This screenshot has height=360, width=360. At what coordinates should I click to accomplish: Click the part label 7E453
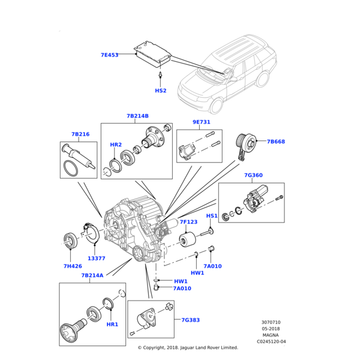[109, 55]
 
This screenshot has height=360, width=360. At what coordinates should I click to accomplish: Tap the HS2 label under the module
[161, 91]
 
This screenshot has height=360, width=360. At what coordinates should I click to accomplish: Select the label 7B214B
[137, 116]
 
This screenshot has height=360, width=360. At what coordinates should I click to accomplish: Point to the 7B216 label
[80, 134]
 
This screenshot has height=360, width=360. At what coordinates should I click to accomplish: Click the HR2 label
[116, 145]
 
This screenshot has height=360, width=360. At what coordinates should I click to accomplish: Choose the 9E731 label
[201, 122]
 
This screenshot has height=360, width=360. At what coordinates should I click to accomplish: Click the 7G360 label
[253, 175]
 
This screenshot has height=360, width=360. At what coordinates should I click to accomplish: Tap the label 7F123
[188, 222]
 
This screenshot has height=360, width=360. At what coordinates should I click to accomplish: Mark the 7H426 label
[73, 266]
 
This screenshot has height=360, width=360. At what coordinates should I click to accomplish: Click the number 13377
[97, 259]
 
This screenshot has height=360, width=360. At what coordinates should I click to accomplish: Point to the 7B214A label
[92, 275]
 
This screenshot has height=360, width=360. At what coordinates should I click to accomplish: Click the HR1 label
[112, 324]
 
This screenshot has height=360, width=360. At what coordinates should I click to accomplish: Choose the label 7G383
[190, 320]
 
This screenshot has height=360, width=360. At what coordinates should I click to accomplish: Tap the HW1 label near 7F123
[197, 273]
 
